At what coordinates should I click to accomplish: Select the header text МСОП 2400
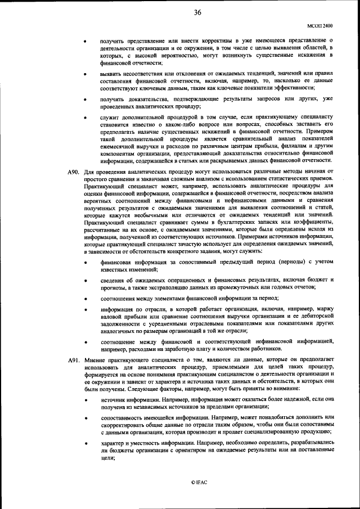[320, 26]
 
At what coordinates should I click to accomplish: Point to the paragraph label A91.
[74, 359]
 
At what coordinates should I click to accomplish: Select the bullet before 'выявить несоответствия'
[85, 74]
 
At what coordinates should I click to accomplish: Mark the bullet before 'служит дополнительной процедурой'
[85, 119]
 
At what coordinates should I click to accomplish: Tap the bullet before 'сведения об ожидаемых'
[85, 280]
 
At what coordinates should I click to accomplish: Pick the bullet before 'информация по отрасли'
[85, 309]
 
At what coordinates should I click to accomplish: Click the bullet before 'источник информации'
[85, 399]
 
